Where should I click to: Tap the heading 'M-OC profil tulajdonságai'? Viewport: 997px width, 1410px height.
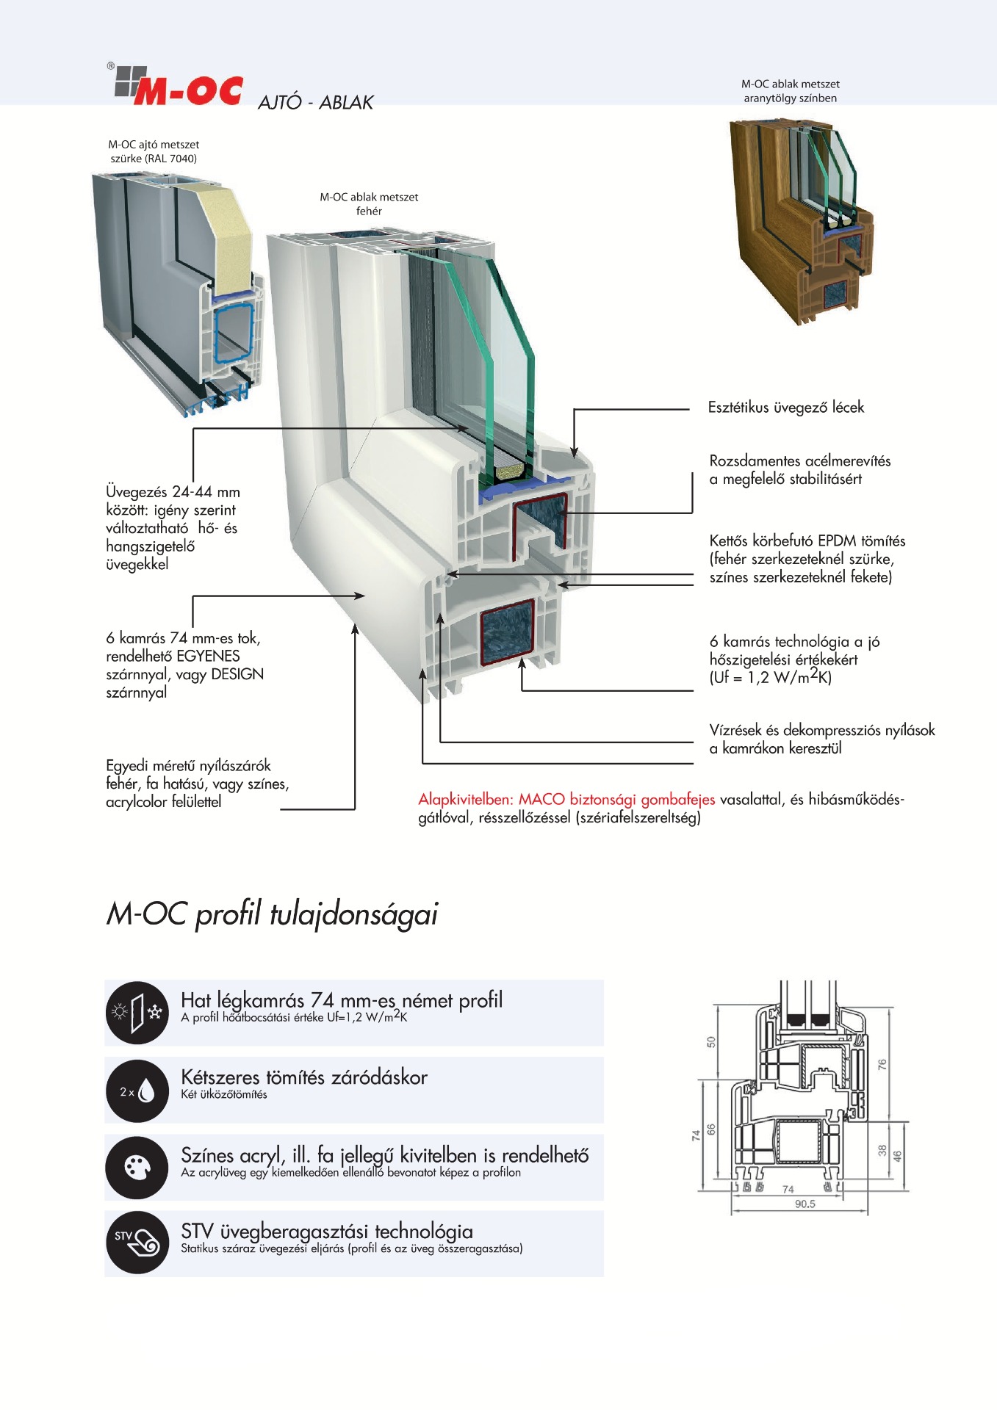click(x=272, y=914)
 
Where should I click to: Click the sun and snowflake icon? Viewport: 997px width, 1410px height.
click(x=137, y=1013)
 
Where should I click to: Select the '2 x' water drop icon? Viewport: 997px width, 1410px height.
click(x=137, y=1091)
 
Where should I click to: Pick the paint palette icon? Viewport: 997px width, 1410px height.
click(x=137, y=1168)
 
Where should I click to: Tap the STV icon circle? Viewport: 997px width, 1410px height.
click(x=137, y=1243)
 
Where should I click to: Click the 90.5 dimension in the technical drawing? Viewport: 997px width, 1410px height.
click(x=805, y=1204)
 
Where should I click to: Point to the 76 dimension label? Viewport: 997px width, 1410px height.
click(x=882, y=1063)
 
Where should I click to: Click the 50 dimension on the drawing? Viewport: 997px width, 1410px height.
click(x=710, y=1042)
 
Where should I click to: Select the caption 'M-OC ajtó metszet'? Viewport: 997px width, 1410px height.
click(x=154, y=145)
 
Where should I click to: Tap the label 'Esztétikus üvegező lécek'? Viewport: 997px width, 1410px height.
click(x=785, y=408)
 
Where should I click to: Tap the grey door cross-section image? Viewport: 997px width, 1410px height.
click(x=176, y=294)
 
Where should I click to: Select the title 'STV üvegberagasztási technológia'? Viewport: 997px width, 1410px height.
click(x=327, y=1232)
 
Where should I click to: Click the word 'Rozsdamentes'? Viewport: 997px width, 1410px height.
click(x=755, y=461)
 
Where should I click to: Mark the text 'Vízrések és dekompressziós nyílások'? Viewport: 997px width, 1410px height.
click(x=821, y=731)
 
